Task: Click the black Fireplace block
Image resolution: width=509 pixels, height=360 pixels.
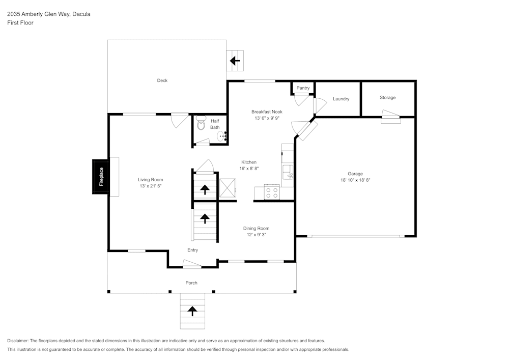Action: click(x=100, y=177)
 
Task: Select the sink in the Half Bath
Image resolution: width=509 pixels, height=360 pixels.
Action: click(x=221, y=136)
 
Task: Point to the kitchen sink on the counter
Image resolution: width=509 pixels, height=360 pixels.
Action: click(x=289, y=171)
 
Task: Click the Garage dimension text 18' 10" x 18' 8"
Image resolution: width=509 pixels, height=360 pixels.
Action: click(x=355, y=180)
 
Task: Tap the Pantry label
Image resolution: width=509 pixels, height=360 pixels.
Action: click(x=303, y=88)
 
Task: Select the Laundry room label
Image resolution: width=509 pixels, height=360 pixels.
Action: click(x=341, y=99)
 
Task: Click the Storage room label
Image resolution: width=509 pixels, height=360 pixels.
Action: click(x=387, y=97)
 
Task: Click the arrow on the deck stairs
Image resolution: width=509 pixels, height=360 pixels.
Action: click(x=235, y=61)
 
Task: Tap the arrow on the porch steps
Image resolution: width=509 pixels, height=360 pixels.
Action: click(x=193, y=311)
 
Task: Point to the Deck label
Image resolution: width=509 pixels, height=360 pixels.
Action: click(x=162, y=80)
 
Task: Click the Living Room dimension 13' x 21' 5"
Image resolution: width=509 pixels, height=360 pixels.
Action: click(x=150, y=186)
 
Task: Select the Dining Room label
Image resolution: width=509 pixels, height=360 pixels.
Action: click(x=256, y=228)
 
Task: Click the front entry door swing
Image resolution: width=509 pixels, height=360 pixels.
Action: click(x=192, y=264)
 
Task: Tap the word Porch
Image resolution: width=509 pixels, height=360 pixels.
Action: click(x=191, y=283)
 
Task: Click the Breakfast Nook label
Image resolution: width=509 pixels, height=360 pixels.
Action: click(x=267, y=112)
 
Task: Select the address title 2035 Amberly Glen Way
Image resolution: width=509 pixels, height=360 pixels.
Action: click(x=48, y=14)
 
